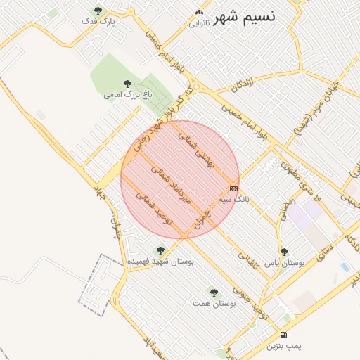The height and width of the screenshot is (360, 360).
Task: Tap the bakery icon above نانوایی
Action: click(x=199, y=12)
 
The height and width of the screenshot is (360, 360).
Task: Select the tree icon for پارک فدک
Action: click(x=98, y=11)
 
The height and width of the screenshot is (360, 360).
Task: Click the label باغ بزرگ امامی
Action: click(x=127, y=94)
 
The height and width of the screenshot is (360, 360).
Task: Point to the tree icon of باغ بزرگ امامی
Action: click(x=127, y=83)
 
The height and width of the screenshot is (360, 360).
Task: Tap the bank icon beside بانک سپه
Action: click(x=233, y=188)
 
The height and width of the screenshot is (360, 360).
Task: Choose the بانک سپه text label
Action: click(x=234, y=200)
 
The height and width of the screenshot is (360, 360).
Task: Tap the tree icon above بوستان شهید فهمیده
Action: click(x=160, y=250)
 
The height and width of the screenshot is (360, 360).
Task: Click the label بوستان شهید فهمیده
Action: click(x=160, y=262)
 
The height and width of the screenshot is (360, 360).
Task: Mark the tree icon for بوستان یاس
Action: click(x=284, y=252)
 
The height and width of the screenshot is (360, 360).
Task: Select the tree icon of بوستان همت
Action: click(x=214, y=292)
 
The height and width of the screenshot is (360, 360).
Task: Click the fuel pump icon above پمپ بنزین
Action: click(x=283, y=335)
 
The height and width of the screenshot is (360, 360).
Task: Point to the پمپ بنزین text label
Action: click(x=283, y=347)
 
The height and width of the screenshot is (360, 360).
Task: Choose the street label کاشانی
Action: click(x=250, y=260)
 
